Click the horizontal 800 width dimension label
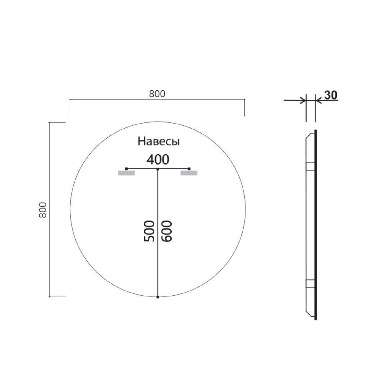coord(157,94)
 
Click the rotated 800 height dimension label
coord(42,210)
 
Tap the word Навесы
coord(159,142)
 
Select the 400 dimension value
coord(158,159)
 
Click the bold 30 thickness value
coord(330,95)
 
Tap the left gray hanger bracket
coord(127,173)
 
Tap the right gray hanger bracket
coord(189,173)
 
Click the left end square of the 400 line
coord(127,169)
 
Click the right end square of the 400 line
coord(189,169)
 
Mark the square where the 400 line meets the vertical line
coord(158,169)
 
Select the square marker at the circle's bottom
coord(158,297)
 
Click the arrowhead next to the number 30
coord(318,100)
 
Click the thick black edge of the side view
coord(315,226)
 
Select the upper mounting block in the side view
coord(310,167)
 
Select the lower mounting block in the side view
coord(310,284)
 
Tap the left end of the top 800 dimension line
coord(70,100)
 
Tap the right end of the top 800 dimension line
coord(244,100)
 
